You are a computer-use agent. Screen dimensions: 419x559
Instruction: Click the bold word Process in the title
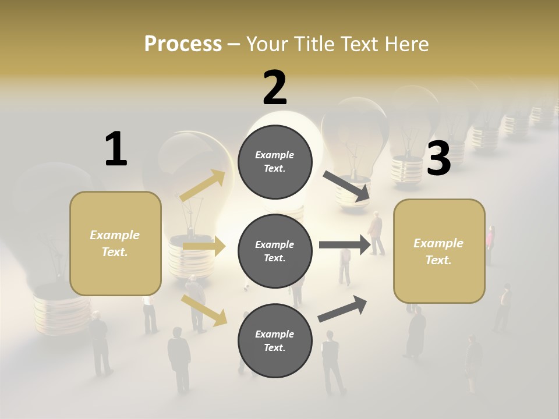(183, 44)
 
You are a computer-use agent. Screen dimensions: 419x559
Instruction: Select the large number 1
(116, 149)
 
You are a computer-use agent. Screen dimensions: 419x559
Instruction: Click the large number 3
(438, 159)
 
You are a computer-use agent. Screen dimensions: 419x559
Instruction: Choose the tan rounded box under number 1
(115, 243)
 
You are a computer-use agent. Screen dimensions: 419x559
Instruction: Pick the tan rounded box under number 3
(439, 251)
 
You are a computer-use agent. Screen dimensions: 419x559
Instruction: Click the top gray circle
(275, 162)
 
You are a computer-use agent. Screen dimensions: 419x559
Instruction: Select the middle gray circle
(275, 251)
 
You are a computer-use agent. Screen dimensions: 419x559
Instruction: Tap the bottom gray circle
(275, 340)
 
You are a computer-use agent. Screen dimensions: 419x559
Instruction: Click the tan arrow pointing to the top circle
(203, 186)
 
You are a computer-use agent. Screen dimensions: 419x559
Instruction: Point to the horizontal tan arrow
(204, 247)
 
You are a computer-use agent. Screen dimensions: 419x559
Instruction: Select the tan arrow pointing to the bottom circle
(204, 310)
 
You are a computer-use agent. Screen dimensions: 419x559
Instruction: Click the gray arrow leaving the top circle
(347, 186)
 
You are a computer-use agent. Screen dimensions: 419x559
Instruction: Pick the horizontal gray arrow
(345, 244)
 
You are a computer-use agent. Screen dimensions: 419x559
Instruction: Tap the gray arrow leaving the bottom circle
(342, 308)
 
